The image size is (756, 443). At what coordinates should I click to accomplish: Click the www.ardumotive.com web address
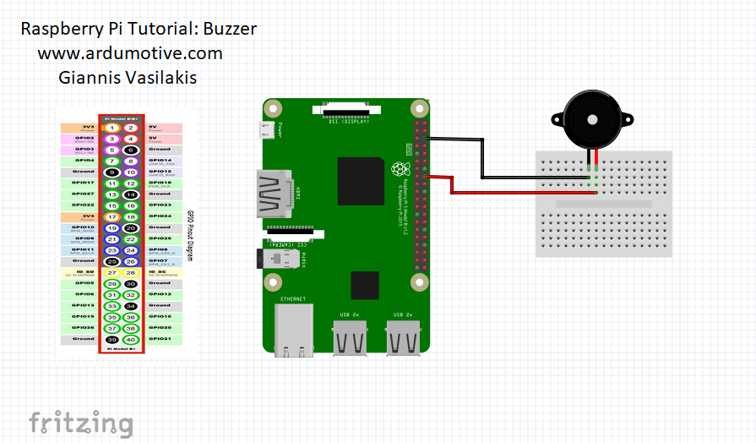[x=130, y=53]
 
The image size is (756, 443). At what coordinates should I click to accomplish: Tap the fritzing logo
[x=81, y=423]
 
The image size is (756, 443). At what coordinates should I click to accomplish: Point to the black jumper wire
[x=481, y=161]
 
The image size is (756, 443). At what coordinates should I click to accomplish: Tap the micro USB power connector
[x=267, y=130]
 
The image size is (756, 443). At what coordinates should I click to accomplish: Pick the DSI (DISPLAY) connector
[x=345, y=109]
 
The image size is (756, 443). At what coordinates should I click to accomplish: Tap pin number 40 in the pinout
[x=131, y=339]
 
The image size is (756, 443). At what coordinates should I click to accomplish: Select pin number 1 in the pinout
[x=112, y=128]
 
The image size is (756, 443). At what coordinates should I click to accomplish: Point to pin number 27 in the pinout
[x=112, y=272]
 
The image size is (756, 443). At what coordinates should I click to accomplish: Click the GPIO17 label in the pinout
[x=84, y=182]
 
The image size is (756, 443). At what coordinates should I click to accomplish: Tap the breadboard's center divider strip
[x=604, y=204]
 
